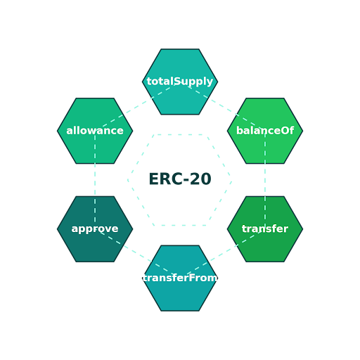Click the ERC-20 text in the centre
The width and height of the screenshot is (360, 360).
point(180,180)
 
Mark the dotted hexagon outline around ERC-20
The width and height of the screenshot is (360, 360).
point(180,134)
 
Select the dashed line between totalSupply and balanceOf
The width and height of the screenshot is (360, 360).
point(222,106)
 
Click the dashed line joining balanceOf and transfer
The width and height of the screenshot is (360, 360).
point(265,180)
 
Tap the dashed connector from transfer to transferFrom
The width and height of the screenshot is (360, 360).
point(222,254)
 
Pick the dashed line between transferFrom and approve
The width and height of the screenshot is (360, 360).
point(138,254)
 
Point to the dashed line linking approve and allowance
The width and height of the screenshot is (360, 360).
point(95,180)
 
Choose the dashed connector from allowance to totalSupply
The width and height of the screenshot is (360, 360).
point(138,106)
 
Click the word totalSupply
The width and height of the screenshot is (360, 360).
point(180,82)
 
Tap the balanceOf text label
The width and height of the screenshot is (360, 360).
point(265,131)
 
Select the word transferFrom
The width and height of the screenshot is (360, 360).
point(180,278)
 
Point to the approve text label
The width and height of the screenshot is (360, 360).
point(95,229)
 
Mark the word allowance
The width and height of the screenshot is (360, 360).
point(95,131)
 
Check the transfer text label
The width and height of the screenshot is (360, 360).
point(265,229)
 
